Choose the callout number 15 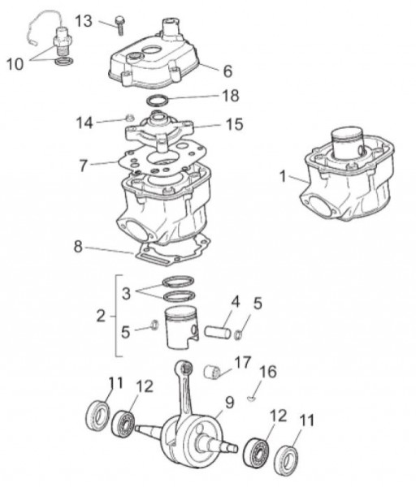(x=234, y=125)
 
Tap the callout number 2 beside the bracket (x=101, y=317)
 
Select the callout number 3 (x=127, y=290)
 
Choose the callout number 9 (x=230, y=402)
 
